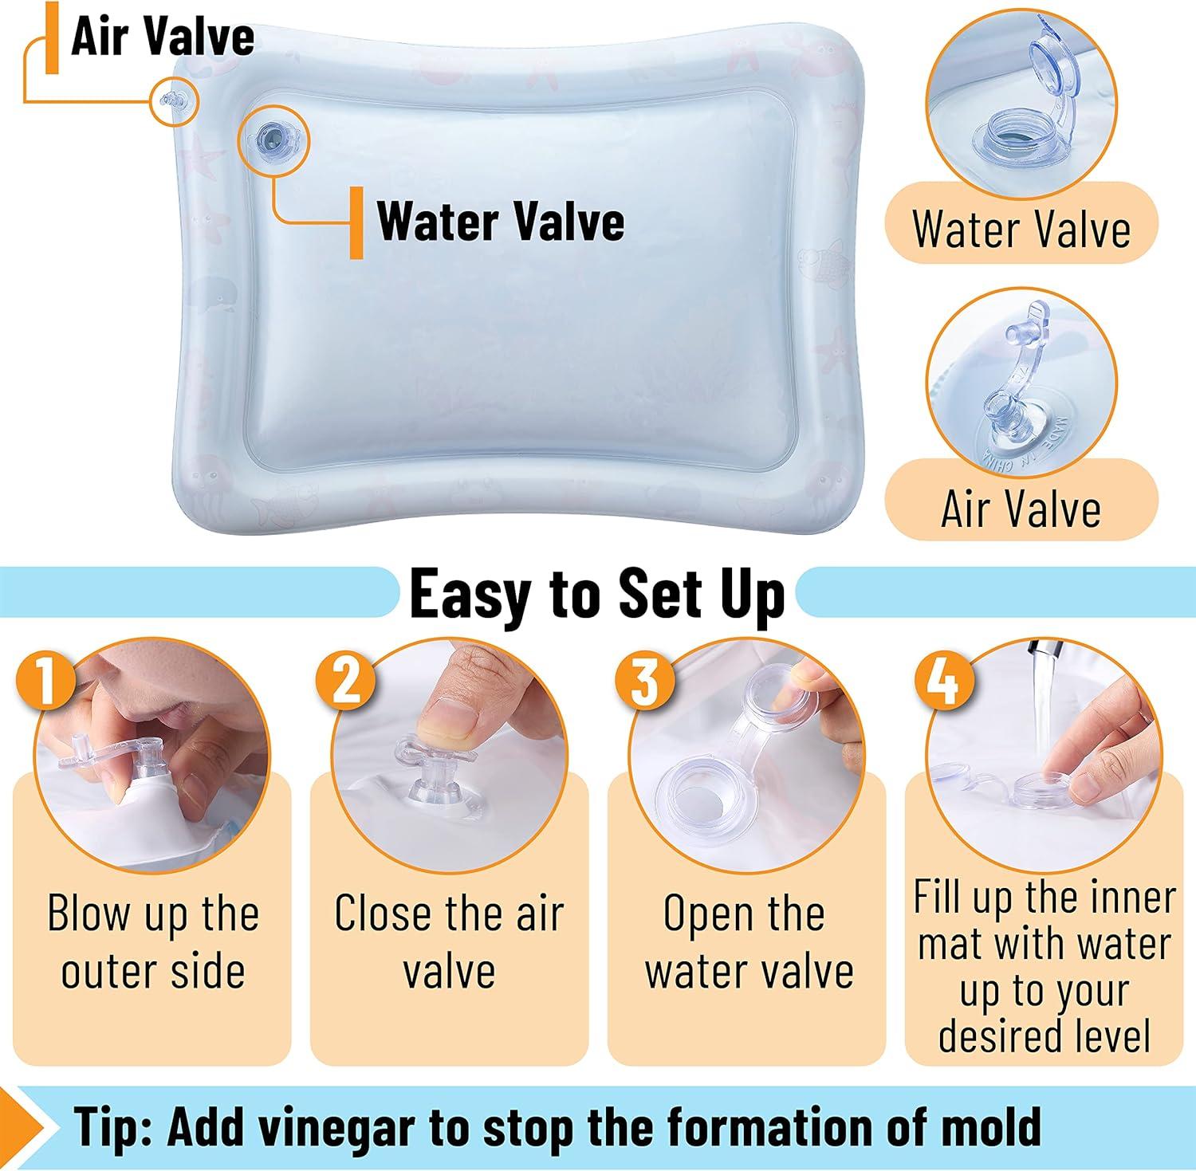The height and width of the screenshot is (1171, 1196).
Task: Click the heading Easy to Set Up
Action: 596,594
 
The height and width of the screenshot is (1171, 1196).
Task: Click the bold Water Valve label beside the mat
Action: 501,221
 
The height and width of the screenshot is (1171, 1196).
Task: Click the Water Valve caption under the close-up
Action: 1021,229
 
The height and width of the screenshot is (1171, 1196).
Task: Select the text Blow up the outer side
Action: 153,942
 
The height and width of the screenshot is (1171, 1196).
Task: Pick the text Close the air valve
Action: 449,942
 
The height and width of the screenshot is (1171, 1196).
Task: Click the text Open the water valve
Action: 749,942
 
